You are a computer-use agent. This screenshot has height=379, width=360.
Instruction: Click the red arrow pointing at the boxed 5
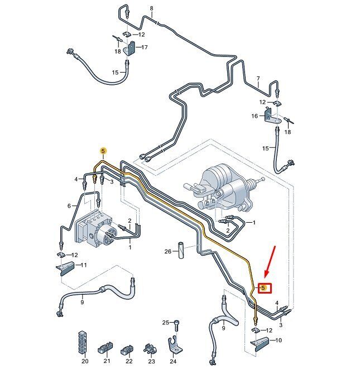(x=270, y=262)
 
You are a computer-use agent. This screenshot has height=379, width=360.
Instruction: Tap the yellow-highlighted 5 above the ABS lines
(x=103, y=151)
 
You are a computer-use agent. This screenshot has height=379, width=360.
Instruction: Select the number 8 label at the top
(x=152, y=8)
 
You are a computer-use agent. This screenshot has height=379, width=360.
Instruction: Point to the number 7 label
(x=258, y=79)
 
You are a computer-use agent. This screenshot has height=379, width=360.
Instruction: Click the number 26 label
(x=168, y=252)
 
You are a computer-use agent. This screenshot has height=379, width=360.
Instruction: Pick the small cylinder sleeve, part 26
(x=181, y=250)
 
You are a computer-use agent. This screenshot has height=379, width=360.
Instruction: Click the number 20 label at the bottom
(x=85, y=361)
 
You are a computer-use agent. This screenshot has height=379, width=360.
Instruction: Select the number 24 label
(x=173, y=362)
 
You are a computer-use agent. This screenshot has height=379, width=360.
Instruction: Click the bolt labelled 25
(x=176, y=325)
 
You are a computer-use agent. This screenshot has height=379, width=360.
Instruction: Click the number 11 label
(x=84, y=265)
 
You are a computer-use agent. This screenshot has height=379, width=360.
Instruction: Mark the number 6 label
(x=69, y=206)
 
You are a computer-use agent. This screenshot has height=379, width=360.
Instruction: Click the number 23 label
(x=151, y=362)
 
